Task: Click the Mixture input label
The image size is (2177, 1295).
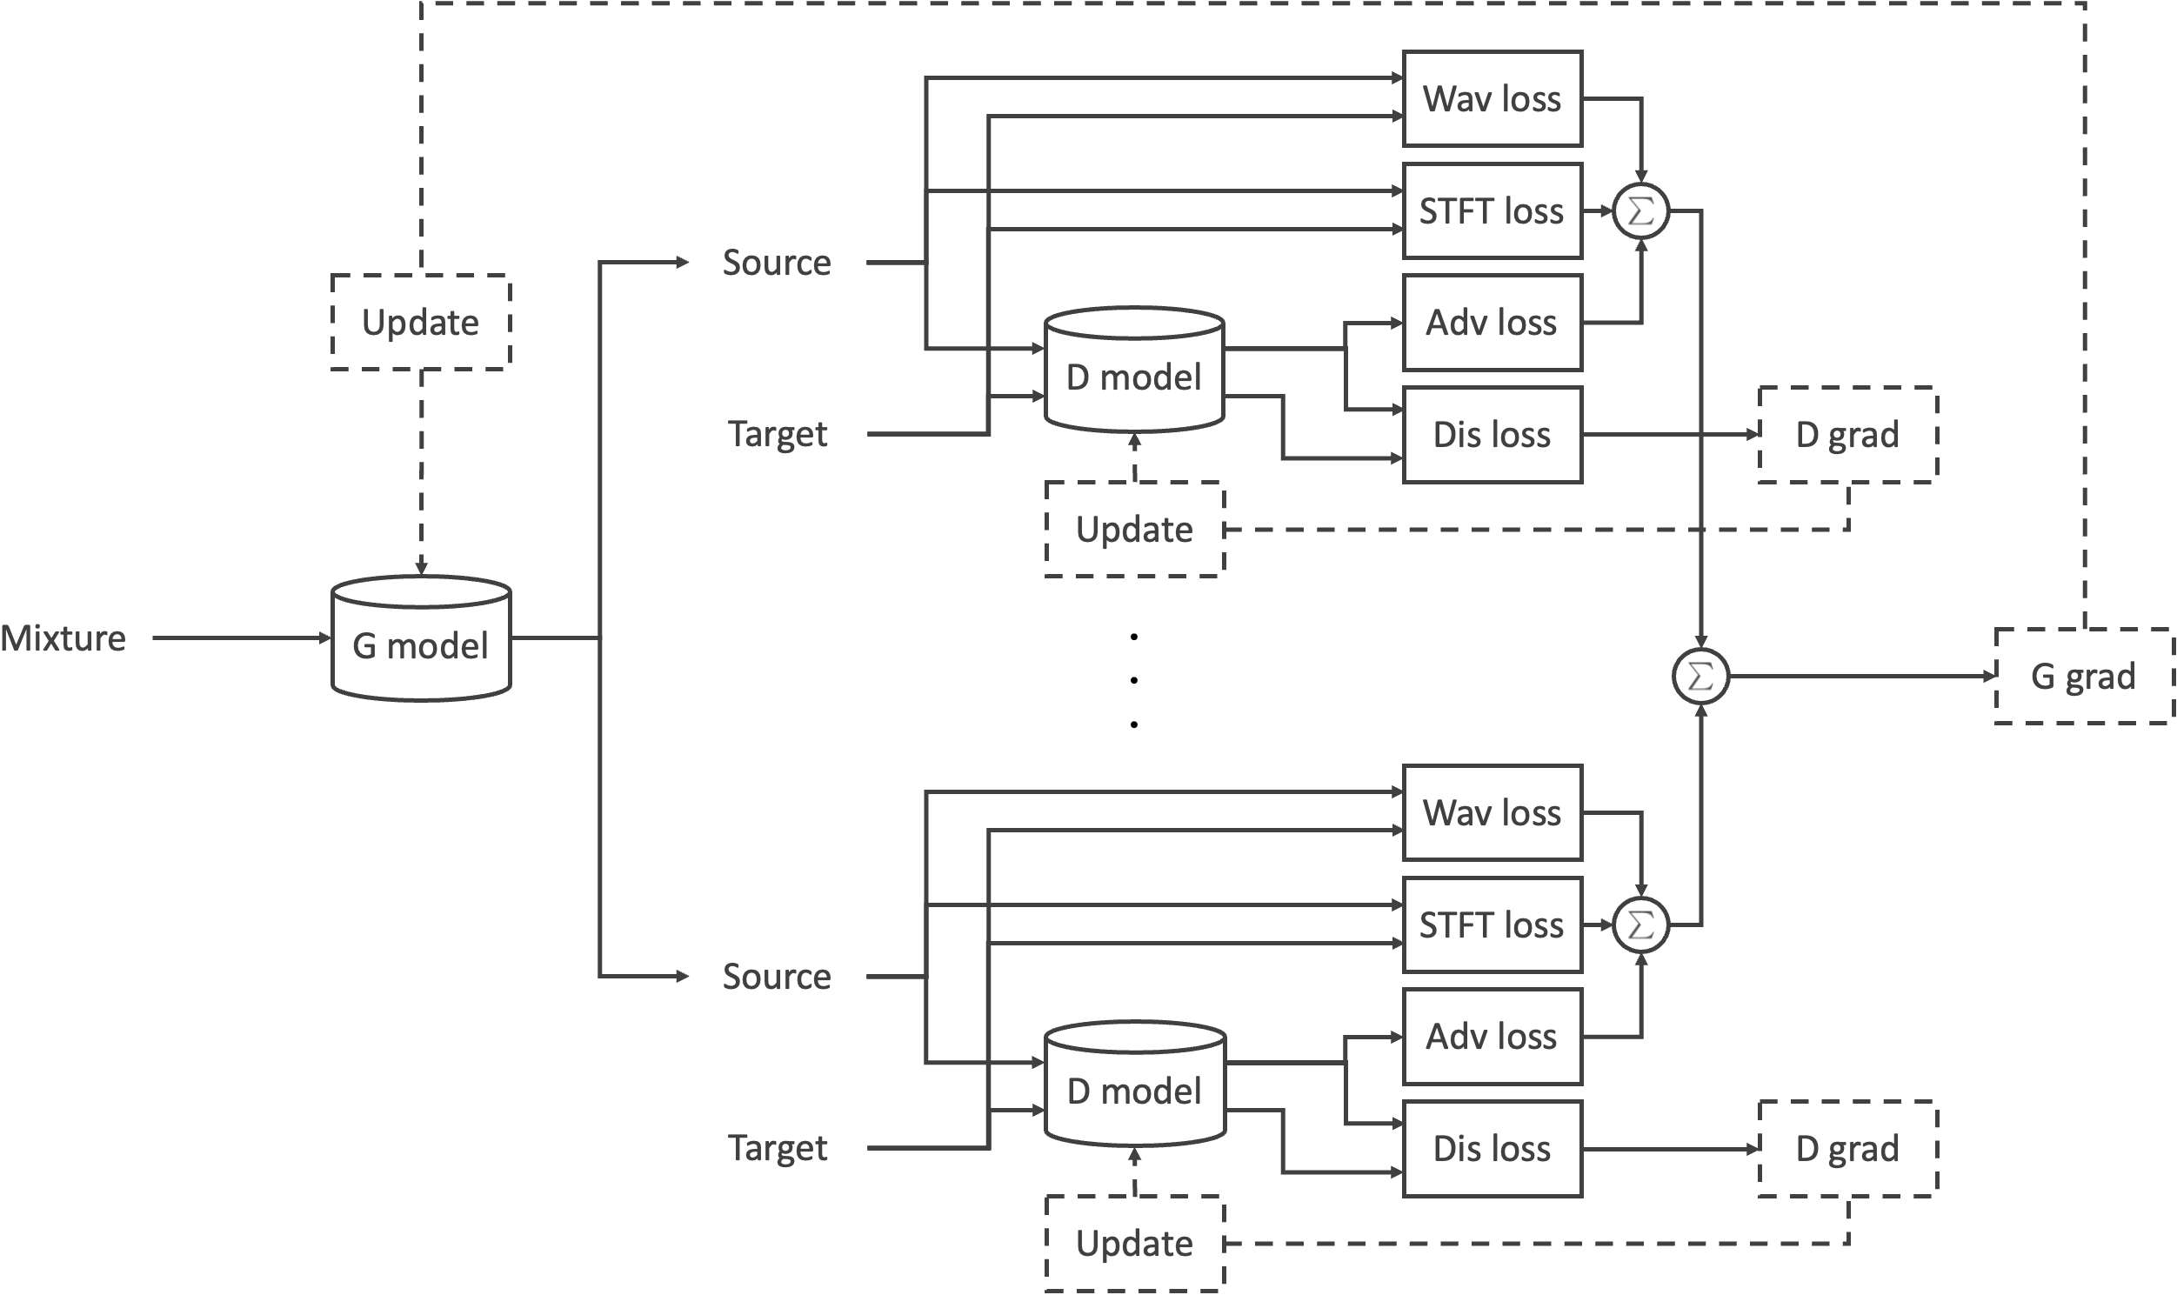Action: coord(63,638)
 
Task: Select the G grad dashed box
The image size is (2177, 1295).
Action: coord(2083,677)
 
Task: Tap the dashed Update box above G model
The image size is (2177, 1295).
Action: coord(421,323)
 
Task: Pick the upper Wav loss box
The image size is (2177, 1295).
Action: coord(1492,98)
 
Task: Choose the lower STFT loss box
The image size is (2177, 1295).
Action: coord(1492,925)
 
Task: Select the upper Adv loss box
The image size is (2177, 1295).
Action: coord(1492,323)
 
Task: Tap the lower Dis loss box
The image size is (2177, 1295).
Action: coord(1492,1148)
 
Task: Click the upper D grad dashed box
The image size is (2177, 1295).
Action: coord(1847,435)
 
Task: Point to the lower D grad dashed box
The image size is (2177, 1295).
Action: coord(1847,1148)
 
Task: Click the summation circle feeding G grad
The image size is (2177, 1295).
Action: coord(1700,677)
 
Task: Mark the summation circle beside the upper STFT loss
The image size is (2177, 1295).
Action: coord(1640,211)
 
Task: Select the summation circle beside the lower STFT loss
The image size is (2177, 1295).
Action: coord(1640,925)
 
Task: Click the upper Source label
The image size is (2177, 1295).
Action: coord(777,263)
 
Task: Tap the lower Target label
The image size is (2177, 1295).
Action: coord(777,1148)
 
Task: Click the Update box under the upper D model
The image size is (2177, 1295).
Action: coord(1134,530)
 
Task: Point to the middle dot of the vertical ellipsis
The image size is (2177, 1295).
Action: coord(1133,681)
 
